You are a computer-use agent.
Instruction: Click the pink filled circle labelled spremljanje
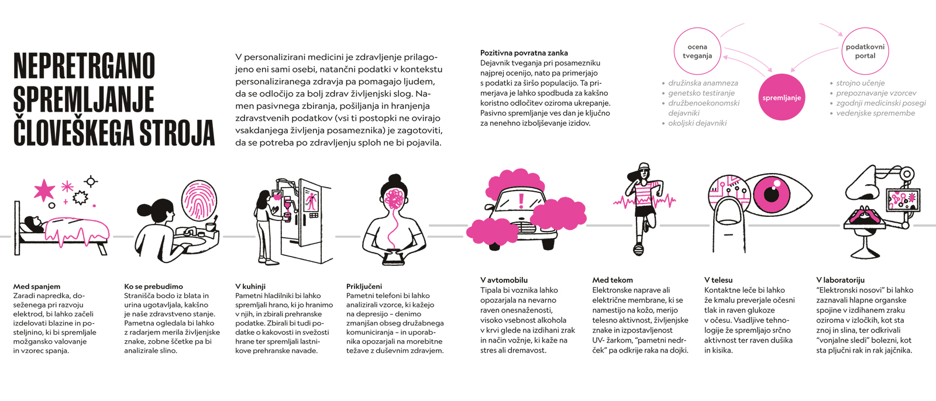[782, 97]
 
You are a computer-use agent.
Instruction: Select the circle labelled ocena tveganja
[674, 51]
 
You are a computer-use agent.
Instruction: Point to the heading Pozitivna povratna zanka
[524, 53]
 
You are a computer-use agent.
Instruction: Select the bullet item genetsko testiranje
[701, 93]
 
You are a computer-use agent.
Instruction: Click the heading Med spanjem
[37, 286]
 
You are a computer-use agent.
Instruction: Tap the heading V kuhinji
[250, 286]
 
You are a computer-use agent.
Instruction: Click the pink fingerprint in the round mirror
[199, 200]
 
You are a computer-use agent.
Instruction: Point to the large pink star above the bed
[44, 190]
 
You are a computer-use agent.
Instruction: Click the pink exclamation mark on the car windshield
[521, 201]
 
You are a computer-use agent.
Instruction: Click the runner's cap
[644, 166]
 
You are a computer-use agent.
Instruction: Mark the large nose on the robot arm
[861, 184]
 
